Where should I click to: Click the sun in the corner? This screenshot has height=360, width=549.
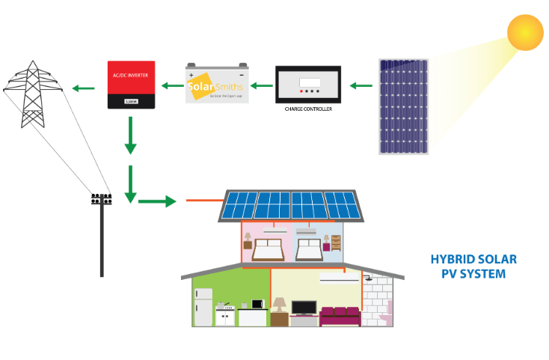[x=525, y=32]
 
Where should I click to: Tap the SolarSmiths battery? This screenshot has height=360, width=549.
[x=217, y=85]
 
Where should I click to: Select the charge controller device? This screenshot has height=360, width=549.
[x=308, y=85]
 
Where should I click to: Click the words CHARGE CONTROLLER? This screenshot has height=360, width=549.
[x=308, y=109]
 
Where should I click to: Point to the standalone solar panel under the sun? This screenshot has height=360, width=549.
[x=403, y=106]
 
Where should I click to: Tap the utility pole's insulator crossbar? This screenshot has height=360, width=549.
[x=102, y=199]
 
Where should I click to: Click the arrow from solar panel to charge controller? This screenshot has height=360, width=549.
[x=362, y=85]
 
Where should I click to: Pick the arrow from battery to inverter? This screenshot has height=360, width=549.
[x=171, y=85]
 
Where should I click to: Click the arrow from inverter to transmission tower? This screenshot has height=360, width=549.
[x=83, y=89]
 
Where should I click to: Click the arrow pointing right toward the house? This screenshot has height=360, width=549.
[x=157, y=201]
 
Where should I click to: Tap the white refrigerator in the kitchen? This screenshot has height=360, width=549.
[x=203, y=306]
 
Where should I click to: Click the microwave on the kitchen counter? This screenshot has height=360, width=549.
[x=258, y=304]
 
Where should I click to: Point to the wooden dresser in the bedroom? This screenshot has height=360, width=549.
[x=336, y=242]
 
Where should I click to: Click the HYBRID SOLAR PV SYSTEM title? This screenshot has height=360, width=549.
[x=473, y=266]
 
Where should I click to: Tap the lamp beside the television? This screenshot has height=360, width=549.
[x=279, y=306]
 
